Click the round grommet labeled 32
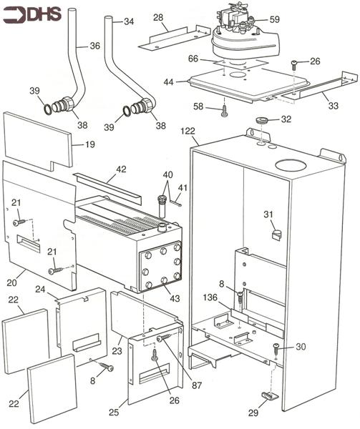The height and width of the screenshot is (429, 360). tap(263, 119)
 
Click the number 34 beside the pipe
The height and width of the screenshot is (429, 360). tap(129, 22)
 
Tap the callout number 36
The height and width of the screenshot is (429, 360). tap(95, 47)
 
